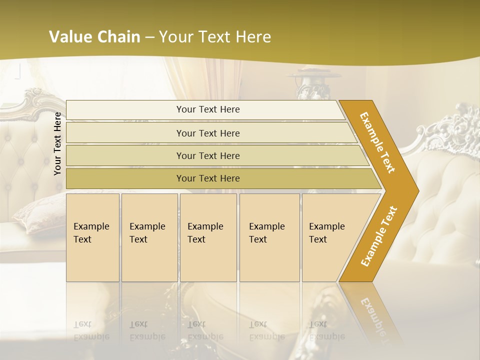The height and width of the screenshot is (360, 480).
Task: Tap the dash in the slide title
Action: click(149, 37)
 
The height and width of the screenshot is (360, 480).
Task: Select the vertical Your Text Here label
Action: click(57, 144)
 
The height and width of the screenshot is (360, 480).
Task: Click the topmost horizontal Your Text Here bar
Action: click(207, 109)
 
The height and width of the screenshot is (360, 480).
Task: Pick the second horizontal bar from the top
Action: click(207, 133)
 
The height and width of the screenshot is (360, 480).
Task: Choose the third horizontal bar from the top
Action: click(207, 155)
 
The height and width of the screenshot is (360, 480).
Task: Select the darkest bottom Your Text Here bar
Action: click(207, 178)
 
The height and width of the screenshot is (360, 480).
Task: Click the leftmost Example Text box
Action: click(92, 237)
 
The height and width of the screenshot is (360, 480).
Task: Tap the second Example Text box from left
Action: click(149, 237)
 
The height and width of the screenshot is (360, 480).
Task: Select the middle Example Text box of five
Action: click(207, 237)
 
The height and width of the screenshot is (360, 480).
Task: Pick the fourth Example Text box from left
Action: click(269, 237)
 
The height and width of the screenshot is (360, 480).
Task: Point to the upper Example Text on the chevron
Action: click(378, 142)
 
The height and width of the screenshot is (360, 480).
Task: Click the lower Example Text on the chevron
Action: click(378, 236)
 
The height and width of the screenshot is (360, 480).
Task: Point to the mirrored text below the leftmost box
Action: click(91, 330)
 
